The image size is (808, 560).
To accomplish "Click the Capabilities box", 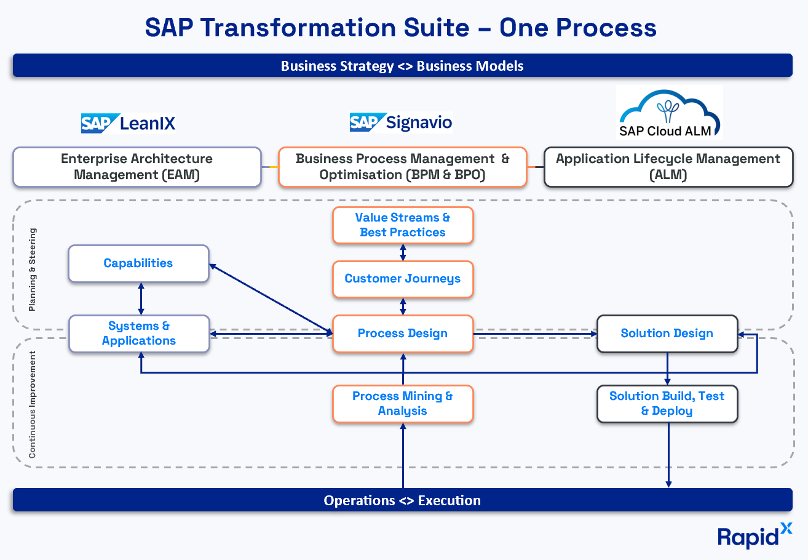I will coord(138,263).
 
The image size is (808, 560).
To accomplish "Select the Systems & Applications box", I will coord(138,334).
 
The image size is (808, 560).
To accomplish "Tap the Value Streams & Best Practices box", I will coord(403,225).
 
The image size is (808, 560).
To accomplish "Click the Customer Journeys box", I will coord(403,279).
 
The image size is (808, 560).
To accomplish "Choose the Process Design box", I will coord(403,334).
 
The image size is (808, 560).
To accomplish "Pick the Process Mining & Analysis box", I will coord(403,404).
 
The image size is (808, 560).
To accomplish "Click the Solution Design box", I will coord(667,334).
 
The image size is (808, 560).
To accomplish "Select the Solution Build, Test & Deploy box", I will coord(667,404).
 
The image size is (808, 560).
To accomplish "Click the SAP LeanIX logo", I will coord(128,123).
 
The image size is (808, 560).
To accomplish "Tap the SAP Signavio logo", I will coord(401,122).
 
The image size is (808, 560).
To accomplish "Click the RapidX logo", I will coord(755,535).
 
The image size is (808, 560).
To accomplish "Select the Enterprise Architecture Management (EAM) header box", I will coord(137,167).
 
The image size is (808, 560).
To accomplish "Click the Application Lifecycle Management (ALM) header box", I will coord(668,167).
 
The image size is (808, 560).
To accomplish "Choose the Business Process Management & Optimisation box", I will coord(403,167).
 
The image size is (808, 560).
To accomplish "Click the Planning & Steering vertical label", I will coord(33,270).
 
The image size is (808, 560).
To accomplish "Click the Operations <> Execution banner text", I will coord(402,500).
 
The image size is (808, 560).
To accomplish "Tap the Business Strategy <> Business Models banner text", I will coord(402,66).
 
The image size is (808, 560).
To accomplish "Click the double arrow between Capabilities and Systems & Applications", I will coord(141,299).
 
